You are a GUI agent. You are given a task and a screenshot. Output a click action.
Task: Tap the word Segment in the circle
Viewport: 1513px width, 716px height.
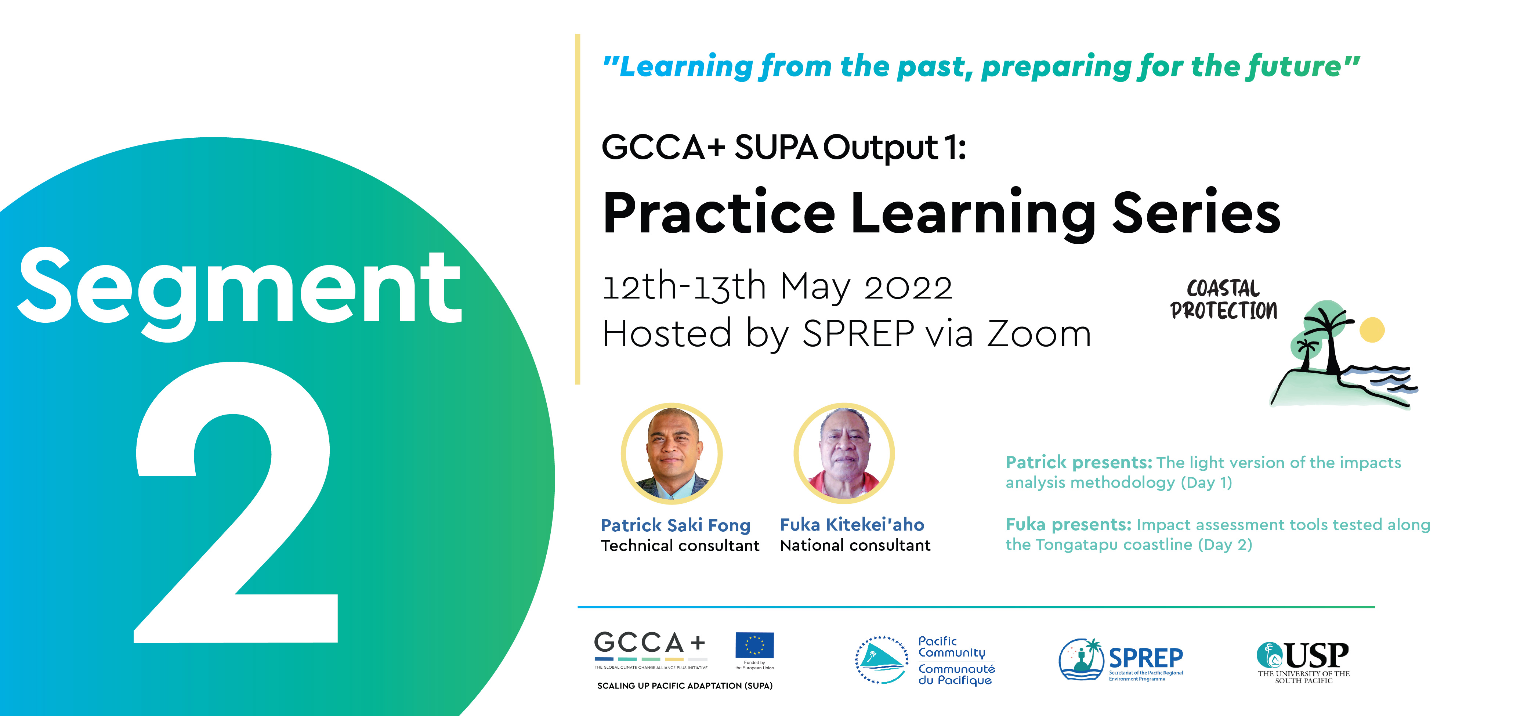pos(240,292)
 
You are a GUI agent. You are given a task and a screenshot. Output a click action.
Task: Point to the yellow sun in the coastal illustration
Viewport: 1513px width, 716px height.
pos(1372,329)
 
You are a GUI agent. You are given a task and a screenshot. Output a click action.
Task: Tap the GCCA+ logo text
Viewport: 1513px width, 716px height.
pos(649,643)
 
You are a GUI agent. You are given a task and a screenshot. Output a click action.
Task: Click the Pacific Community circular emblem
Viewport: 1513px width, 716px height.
pos(881,660)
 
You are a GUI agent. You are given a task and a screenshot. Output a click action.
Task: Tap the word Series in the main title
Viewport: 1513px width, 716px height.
pos(1197,213)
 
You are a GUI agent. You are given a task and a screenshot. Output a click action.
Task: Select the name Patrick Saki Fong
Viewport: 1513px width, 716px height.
pos(676,525)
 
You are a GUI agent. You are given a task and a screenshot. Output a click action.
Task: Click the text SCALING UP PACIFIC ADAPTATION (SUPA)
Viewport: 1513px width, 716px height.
pos(685,686)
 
